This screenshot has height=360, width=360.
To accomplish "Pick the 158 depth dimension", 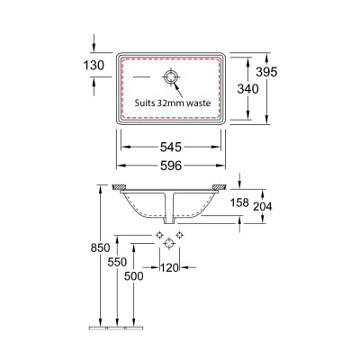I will point(239,203).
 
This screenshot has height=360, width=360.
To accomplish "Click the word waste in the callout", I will point(199,103).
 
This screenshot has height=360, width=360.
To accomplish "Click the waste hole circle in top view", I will point(171,76).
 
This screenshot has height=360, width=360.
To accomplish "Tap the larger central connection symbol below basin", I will point(169,244).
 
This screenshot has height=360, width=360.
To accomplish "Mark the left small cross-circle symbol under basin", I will point(158,235).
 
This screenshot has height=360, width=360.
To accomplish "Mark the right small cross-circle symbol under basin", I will point(180,235).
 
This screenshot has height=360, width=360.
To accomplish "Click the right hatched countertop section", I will point(220,187).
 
